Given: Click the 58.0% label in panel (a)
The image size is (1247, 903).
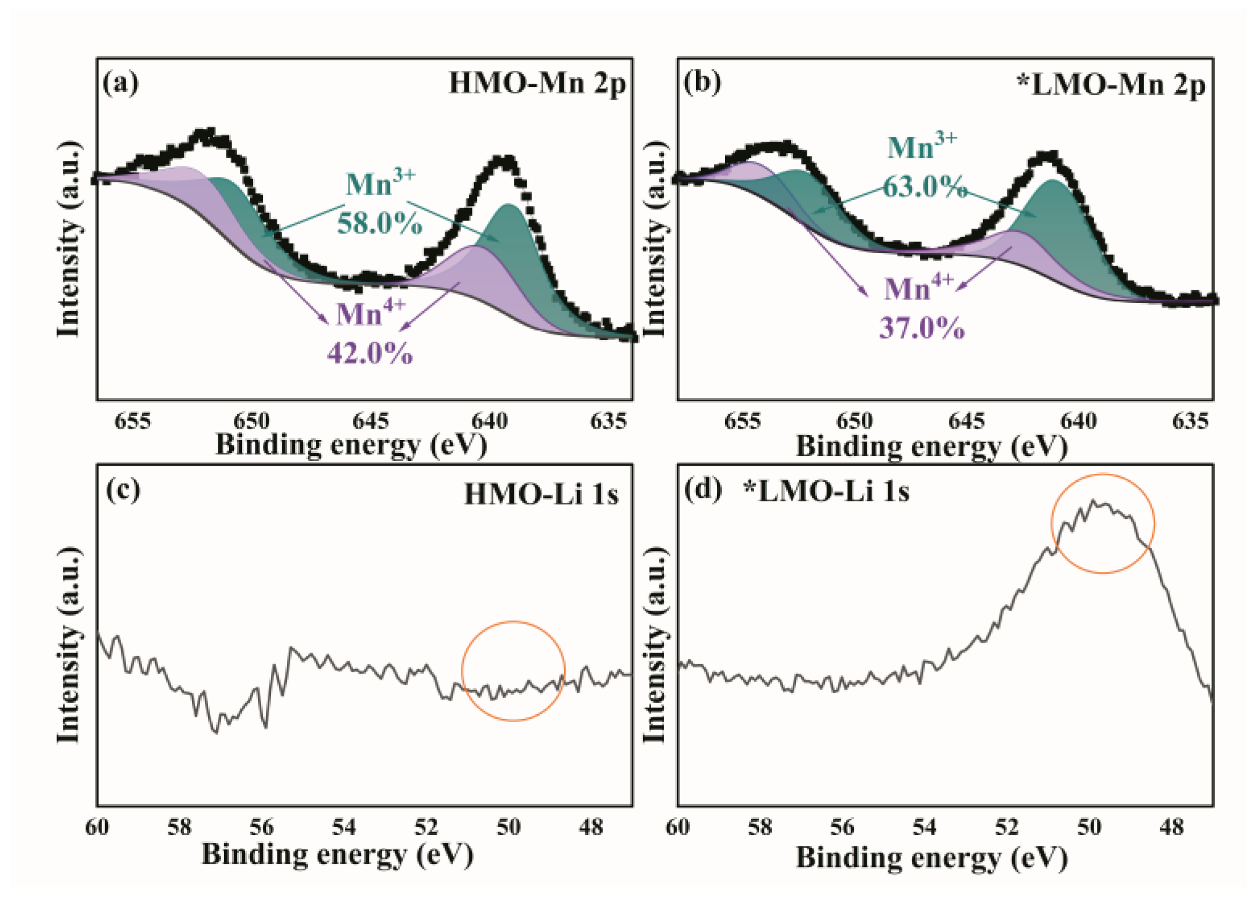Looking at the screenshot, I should pyautogui.click(x=379, y=224).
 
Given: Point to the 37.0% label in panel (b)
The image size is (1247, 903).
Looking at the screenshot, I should pyautogui.click(x=921, y=328).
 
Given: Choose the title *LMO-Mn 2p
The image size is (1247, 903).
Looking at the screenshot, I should pyautogui.click(x=1111, y=86).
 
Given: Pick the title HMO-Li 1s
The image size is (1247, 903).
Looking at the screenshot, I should pyautogui.click(x=542, y=494).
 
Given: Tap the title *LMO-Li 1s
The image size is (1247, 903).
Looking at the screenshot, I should pyautogui.click(x=826, y=491).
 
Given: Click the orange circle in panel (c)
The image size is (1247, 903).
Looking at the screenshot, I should pyautogui.click(x=513, y=671).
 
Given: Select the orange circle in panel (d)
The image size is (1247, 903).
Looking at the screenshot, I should pyautogui.click(x=1102, y=524).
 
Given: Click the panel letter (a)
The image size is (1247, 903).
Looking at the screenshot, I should pyautogui.click(x=121, y=83).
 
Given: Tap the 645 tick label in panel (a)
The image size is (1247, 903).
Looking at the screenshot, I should pyautogui.click(x=371, y=421).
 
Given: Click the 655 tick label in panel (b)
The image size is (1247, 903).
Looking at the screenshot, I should pyautogui.click(x=742, y=421).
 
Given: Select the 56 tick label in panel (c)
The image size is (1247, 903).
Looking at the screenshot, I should pyautogui.click(x=261, y=827).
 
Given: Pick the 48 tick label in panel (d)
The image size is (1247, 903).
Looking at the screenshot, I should pyautogui.click(x=1171, y=827).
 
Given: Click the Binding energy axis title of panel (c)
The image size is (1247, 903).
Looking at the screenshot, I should pyautogui.click(x=337, y=855).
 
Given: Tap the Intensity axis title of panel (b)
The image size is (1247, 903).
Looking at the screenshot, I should pyautogui.click(x=654, y=239).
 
